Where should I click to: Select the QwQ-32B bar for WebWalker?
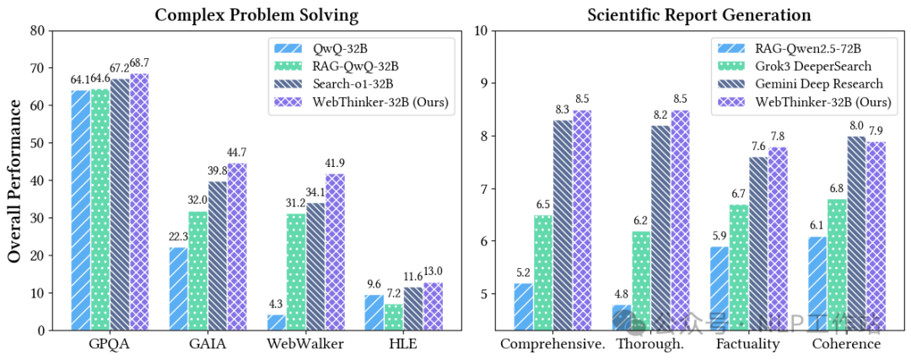[x=277, y=322]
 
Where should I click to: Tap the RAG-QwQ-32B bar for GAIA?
[x=197, y=271]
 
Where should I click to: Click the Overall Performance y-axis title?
[x=15, y=180]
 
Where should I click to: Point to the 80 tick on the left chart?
[x=36, y=31]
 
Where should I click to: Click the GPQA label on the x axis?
[x=110, y=345]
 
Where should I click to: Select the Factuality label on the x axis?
[x=747, y=345]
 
